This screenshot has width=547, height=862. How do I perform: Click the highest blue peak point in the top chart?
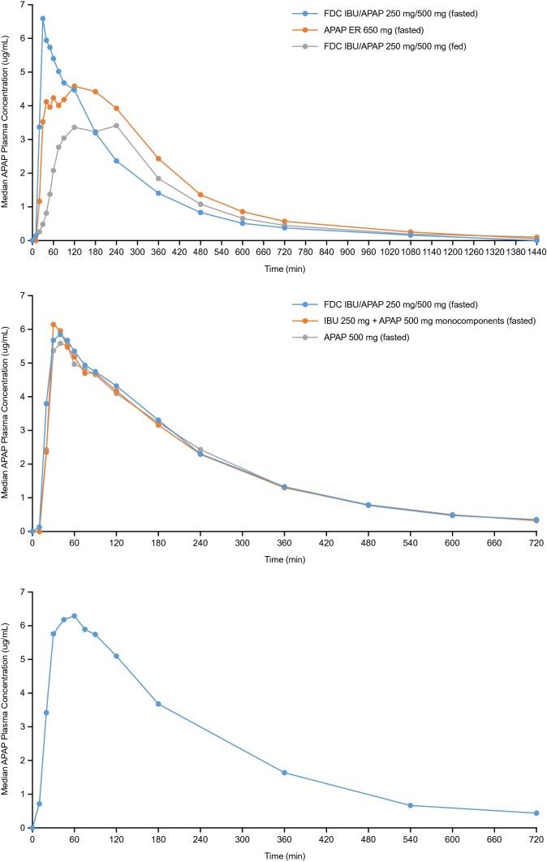(x=43, y=19)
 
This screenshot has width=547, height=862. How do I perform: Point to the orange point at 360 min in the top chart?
(x=158, y=158)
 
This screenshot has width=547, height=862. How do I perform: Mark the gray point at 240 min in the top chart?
(x=116, y=125)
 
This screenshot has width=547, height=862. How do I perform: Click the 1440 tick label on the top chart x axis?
(x=536, y=252)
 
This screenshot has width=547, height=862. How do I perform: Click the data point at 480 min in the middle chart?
(x=368, y=505)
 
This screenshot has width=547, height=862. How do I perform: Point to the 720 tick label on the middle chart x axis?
(x=536, y=543)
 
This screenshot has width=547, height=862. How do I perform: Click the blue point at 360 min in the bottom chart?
(x=284, y=772)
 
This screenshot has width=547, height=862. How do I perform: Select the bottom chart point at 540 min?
(x=410, y=805)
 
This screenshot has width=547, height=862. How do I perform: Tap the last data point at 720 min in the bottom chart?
(x=536, y=812)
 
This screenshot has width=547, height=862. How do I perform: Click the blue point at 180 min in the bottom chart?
(x=158, y=703)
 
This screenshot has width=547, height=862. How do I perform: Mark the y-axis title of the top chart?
(x=6, y=122)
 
